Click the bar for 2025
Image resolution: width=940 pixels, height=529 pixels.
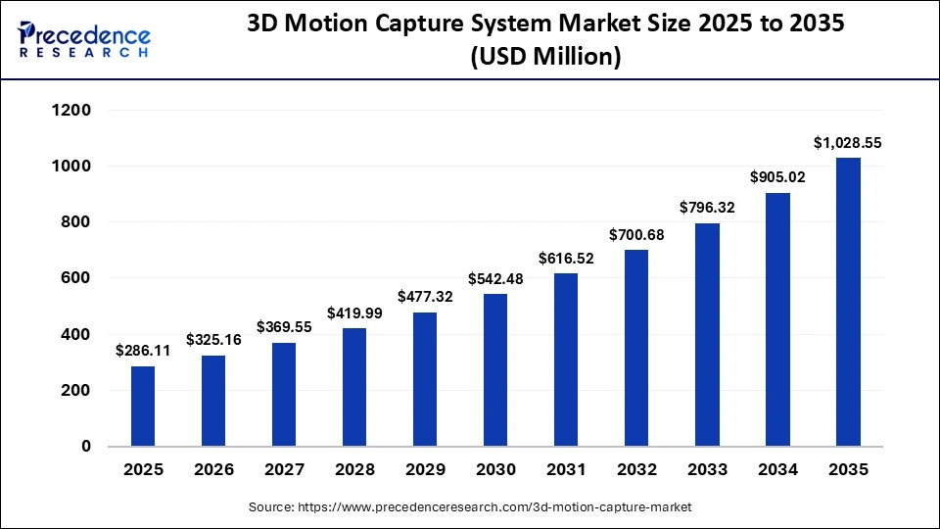[143, 406]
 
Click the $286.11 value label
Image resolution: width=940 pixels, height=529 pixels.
[143, 350]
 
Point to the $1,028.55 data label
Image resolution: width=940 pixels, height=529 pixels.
[848, 142]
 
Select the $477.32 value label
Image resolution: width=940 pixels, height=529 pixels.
[425, 297]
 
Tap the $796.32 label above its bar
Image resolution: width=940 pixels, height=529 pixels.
[707, 208]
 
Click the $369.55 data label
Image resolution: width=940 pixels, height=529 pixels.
[284, 327]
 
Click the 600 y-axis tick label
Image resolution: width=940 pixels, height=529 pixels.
[74, 278]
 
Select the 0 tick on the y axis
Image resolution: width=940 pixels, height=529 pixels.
[85, 447]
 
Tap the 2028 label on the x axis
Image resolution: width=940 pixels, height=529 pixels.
[354, 470]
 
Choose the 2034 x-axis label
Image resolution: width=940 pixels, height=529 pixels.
[777, 470]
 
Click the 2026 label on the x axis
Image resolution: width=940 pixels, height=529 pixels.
[213, 470]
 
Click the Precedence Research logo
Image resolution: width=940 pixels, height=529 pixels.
[84, 40]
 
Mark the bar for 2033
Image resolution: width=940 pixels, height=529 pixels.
[707, 334]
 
